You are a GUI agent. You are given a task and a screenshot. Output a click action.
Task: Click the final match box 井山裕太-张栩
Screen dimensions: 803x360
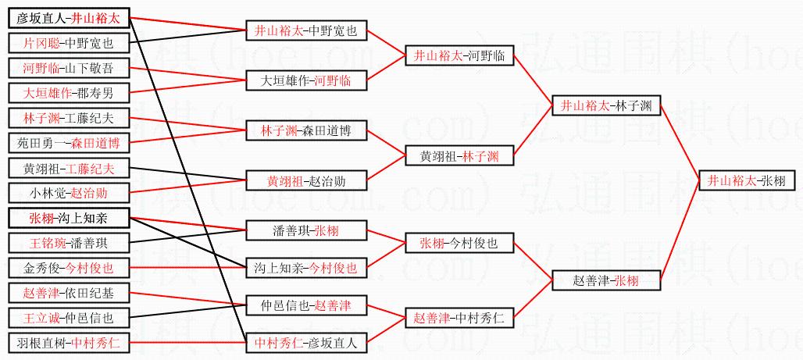pyautogui.click(x=746, y=180)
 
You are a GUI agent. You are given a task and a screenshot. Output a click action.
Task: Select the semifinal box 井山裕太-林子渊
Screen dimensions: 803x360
pyautogui.click(x=606, y=105)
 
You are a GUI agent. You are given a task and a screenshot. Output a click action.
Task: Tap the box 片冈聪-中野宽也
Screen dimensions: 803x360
pyautogui.click(x=68, y=43)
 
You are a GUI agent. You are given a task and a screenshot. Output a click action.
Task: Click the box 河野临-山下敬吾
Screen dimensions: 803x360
pyautogui.click(x=68, y=68)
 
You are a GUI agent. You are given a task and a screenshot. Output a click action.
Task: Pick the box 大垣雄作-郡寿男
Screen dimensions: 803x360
pyautogui.click(x=68, y=93)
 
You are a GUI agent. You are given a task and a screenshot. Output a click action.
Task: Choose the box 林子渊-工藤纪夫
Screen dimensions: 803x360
pyautogui.click(x=68, y=118)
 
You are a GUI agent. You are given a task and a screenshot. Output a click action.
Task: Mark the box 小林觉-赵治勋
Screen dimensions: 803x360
pyautogui.click(x=68, y=193)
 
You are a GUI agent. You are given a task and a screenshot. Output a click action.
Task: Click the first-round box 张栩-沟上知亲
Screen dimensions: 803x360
pyautogui.click(x=68, y=218)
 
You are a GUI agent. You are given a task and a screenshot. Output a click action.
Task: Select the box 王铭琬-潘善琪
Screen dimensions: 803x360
pyautogui.click(x=68, y=243)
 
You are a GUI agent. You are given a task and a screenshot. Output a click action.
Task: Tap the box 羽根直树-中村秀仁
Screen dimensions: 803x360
pyautogui.click(x=68, y=342)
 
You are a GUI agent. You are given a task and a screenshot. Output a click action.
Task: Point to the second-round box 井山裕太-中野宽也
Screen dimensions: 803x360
pyautogui.click(x=305, y=31)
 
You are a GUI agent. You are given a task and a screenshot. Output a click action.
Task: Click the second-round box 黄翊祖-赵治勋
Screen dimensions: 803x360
pyautogui.click(x=305, y=181)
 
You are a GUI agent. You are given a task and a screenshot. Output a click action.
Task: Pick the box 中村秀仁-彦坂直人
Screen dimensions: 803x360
pyautogui.click(x=305, y=342)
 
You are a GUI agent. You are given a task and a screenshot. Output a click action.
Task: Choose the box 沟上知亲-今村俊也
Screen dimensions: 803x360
pyautogui.click(x=305, y=268)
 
